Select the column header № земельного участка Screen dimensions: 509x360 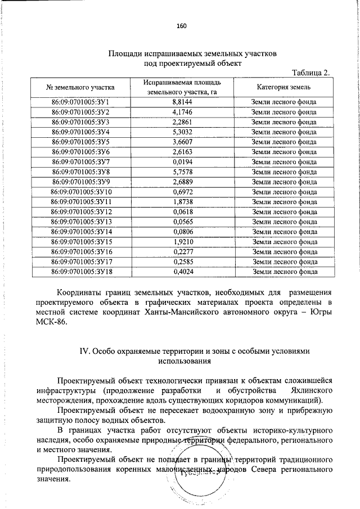tap(80, 87)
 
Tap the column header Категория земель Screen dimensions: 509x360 tap(284, 87)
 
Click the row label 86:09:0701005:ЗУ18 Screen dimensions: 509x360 tap(80, 272)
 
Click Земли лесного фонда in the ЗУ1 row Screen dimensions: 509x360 tap(284, 102)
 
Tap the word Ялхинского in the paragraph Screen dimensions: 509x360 tap(305, 390)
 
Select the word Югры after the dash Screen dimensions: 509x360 tap(321, 312)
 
